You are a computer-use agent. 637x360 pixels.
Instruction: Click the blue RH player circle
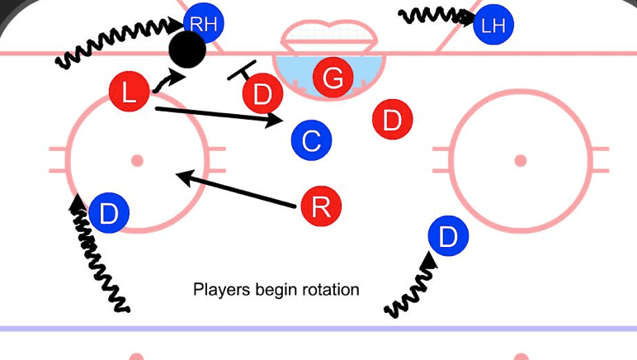pos(204,24)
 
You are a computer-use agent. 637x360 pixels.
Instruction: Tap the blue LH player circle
pos(493,25)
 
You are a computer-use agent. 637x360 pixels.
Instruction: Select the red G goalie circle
pos(333,78)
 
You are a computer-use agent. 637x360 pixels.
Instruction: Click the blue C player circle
pos(311,140)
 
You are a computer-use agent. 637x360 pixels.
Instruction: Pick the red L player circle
pos(130,92)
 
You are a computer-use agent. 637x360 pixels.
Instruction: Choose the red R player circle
pos(321,206)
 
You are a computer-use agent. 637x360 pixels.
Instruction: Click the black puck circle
pos(187,50)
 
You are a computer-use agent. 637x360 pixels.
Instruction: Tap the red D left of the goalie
pos(262,93)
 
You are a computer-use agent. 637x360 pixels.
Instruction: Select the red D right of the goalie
pos(392,121)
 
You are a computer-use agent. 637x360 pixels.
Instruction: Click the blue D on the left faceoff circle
pos(109,214)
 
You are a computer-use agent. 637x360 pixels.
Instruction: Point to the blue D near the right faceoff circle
pos(448,237)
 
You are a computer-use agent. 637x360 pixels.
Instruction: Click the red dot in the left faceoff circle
pos(137,160)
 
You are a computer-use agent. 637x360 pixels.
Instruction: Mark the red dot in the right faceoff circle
pos(520,160)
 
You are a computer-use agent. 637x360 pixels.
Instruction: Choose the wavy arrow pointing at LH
pos(434,16)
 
